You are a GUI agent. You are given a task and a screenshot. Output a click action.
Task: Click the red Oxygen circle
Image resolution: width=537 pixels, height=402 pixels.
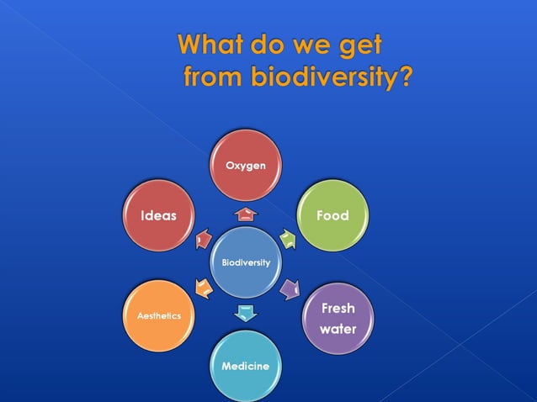246,166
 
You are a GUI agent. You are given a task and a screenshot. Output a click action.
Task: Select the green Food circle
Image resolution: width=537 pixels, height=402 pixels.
332,216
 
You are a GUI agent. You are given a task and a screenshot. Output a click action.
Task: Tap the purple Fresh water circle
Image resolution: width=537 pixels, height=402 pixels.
338,319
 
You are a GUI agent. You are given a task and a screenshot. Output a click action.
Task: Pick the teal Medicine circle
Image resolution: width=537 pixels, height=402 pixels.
245,367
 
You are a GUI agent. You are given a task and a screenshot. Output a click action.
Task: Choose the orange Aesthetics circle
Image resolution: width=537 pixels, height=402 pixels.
159,315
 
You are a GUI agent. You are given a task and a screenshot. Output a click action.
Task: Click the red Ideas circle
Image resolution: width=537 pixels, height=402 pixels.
158,216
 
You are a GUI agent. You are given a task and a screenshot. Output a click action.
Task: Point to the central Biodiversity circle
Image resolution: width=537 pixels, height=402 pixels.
246,262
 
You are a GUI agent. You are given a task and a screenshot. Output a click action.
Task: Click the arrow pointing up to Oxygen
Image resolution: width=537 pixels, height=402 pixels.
246,214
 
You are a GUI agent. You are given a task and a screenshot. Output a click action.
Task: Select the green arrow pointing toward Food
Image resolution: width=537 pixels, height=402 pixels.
289,238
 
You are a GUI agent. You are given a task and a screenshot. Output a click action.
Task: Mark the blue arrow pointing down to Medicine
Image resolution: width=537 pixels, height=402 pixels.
245,314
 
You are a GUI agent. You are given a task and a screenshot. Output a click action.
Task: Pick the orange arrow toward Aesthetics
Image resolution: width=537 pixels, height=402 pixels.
202,289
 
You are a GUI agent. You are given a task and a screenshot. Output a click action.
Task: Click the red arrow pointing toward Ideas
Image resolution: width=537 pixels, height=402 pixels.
202,240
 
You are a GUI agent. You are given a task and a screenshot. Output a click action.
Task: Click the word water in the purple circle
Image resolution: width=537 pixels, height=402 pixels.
338,330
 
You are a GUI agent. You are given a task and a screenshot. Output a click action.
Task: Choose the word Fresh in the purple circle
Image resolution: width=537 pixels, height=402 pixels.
338,309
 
